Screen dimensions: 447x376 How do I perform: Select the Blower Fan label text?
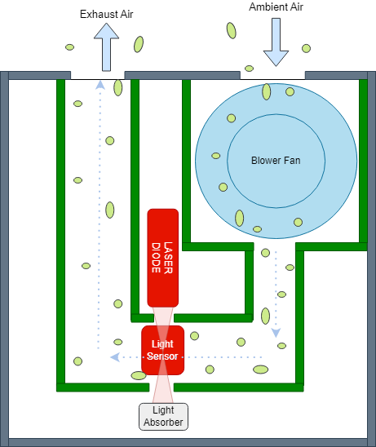[276, 161]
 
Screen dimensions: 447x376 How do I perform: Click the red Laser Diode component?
[162, 256]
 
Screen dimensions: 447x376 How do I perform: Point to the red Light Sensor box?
[161, 351]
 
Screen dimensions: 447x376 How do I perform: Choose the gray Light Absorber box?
[163, 416]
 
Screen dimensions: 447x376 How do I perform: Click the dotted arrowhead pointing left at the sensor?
[114, 357]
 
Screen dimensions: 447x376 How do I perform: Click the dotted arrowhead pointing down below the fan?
[276, 333]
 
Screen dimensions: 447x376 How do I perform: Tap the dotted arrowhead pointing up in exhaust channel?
[100, 83]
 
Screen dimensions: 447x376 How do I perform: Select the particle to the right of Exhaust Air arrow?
[139, 44]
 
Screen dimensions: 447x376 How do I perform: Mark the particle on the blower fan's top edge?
[267, 91]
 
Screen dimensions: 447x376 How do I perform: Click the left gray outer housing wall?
[5, 257]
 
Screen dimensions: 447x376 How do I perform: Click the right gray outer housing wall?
[371, 257]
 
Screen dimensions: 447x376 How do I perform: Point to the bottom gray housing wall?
[188, 442]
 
